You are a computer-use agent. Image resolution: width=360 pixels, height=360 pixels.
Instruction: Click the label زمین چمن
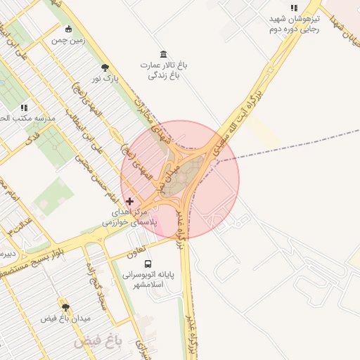tap(68, 41)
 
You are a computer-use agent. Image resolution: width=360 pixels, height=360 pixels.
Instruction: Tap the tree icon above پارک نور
tap(105, 67)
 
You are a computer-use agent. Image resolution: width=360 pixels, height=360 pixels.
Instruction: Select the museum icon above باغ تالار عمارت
tap(164, 55)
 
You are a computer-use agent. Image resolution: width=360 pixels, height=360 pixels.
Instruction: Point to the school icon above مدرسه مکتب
tap(25, 108)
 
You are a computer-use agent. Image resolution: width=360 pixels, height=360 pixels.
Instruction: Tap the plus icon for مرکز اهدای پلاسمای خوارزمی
tap(129, 201)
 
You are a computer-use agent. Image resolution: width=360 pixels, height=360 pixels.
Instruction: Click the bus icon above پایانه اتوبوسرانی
tap(147, 264)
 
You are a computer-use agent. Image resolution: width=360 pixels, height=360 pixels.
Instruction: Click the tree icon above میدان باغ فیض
tap(65, 307)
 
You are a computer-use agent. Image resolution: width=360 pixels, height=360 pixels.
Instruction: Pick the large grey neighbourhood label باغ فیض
tap(98, 342)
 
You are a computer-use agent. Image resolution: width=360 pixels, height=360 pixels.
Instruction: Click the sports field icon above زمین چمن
tap(68, 29)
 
